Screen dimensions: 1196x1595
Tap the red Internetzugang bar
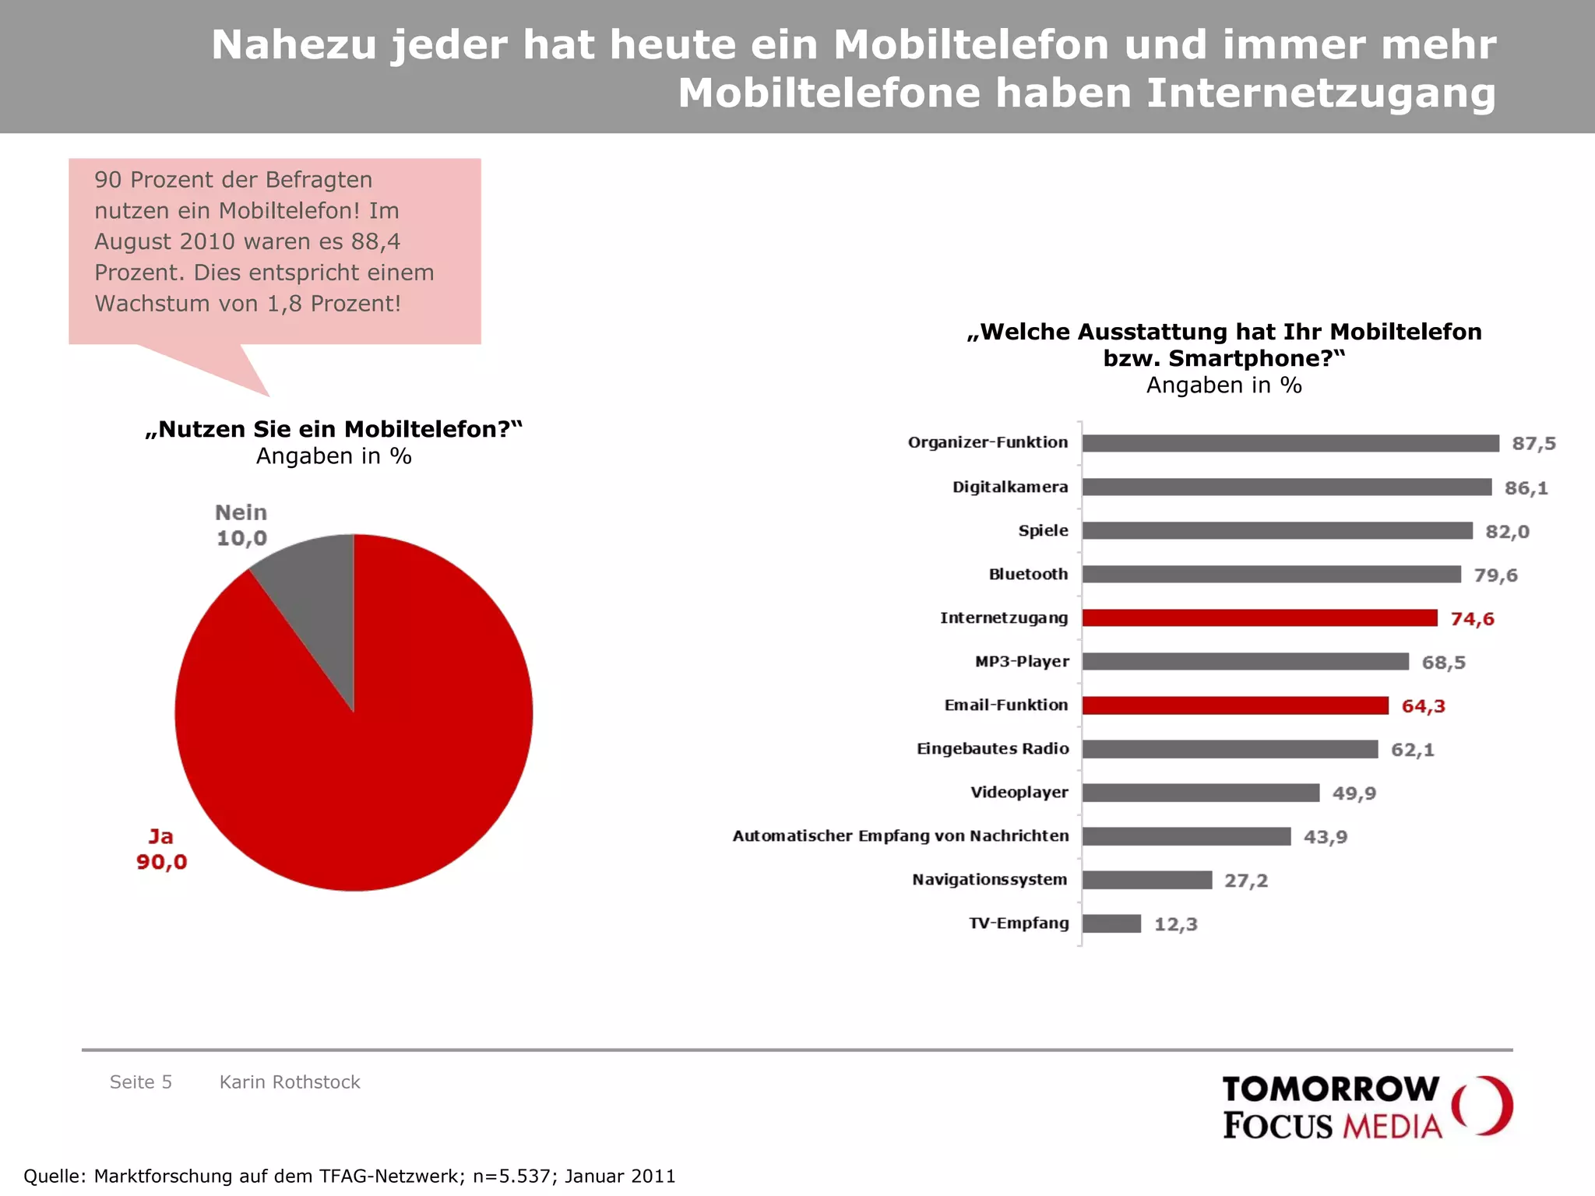tap(1259, 618)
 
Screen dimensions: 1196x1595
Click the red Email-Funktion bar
tap(1235, 705)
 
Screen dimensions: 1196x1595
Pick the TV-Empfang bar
tap(1111, 923)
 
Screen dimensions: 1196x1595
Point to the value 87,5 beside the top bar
tap(1533, 444)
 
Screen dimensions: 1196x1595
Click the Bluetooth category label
tap(1028, 575)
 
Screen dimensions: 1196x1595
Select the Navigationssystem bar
tap(1147, 880)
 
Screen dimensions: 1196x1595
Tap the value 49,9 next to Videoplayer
tap(1354, 793)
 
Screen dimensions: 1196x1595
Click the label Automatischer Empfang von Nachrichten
tap(900, 836)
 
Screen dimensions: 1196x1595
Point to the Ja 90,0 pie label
tap(162, 850)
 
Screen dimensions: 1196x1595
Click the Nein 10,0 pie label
tap(241, 526)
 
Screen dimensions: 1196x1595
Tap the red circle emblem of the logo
tap(1483, 1106)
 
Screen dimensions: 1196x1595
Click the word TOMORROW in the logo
tap(1330, 1089)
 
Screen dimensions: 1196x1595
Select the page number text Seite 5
tap(141, 1082)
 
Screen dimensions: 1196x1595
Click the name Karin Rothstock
tap(290, 1082)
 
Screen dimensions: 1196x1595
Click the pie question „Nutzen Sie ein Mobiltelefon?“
tap(333, 430)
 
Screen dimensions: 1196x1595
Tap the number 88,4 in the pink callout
tap(375, 242)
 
